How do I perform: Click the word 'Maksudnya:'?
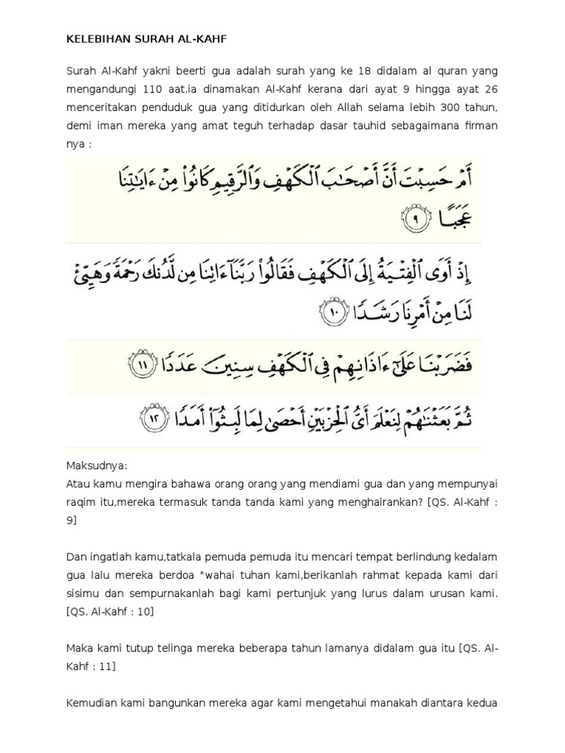[97, 465]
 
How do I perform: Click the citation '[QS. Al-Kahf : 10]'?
[110, 611]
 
